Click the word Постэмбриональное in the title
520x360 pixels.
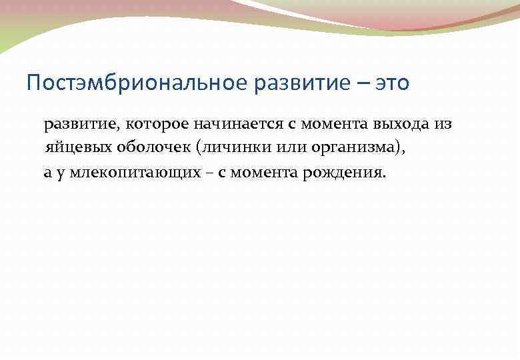pyautogui.click(x=138, y=84)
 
